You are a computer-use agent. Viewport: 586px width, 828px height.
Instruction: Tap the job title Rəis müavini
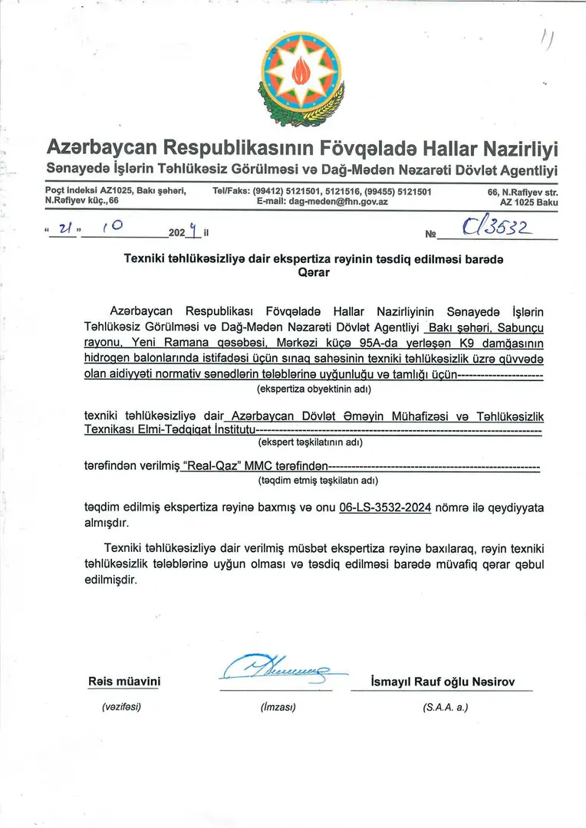click(x=124, y=682)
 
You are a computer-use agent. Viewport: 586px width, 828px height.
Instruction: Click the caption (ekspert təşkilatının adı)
click(x=311, y=442)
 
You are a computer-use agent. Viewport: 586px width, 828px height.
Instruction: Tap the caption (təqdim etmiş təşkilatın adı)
click(x=318, y=481)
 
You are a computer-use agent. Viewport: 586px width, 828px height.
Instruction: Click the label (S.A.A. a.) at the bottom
click(x=445, y=708)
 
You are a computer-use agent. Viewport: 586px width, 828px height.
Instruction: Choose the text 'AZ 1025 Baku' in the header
click(x=528, y=202)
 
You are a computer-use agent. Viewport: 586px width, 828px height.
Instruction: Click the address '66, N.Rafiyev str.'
click(x=523, y=192)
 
